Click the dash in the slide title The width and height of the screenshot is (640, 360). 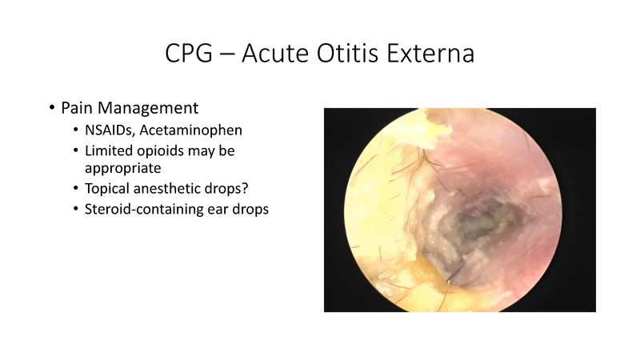tap(235, 55)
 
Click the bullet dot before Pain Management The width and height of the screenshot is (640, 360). tap(52, 108)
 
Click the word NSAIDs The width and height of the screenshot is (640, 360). tap(109, 129)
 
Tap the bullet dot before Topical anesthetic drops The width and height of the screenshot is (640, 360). tap(75, 190)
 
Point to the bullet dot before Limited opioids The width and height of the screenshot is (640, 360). tap(75, 150)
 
